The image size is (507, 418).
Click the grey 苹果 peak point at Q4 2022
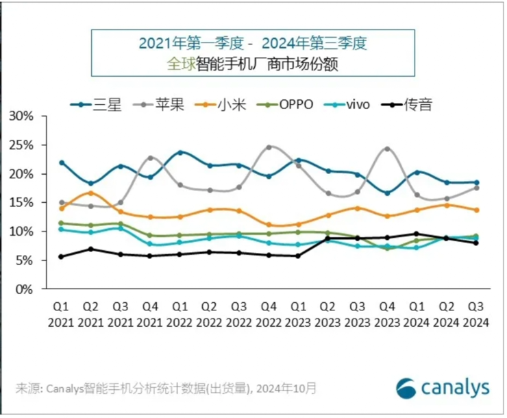[x=269, y=147]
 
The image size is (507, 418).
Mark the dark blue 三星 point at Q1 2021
[x=62, y=163]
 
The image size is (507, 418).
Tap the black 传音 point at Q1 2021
[x=62, y=257]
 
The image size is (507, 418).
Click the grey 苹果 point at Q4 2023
[x=387, y=149]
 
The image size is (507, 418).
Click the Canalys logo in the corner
[x=442, y=387]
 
